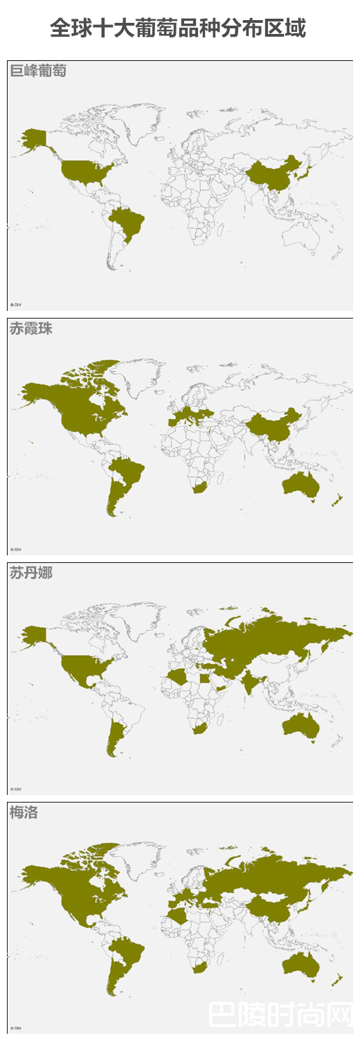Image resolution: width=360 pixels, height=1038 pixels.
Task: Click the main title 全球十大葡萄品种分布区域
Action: pyautogui.click(x=179, y=29)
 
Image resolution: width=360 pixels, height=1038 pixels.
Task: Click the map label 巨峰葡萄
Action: pyautogui.click(x=38, y=71)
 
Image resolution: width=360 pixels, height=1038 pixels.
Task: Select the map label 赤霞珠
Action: pyautogui.click(x=31, y=329)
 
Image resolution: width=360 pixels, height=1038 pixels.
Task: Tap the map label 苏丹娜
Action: pyautogui.click(x=31, y=573)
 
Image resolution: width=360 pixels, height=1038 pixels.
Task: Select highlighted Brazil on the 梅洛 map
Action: pyautogui.click(x=130, y=953)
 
